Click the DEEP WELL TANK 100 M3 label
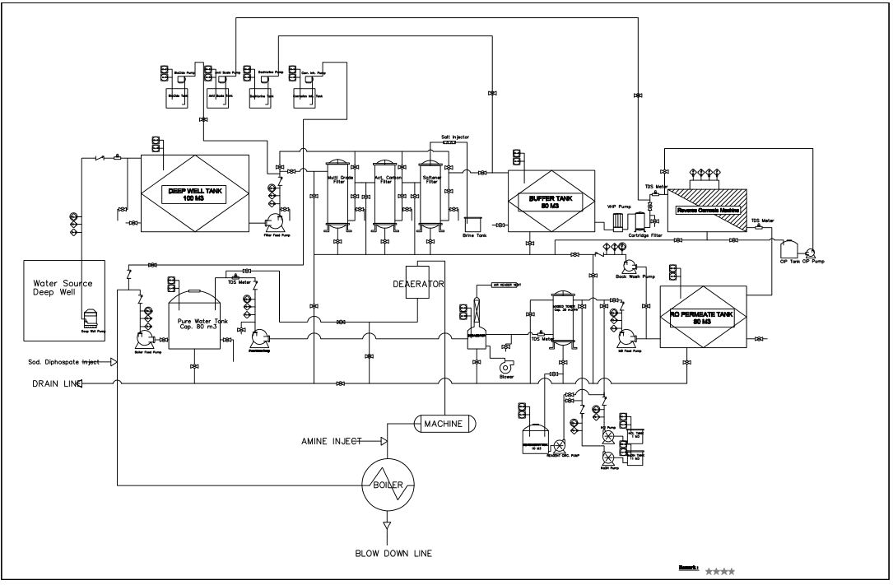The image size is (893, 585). point(196,193)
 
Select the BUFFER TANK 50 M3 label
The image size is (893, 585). point(551,202)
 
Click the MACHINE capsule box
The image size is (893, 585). point(444,423)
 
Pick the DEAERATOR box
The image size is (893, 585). point(418,284)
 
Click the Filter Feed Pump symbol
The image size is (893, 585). point(272,224)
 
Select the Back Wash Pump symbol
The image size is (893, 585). point(631,264)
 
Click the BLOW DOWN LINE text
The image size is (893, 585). point(388,554)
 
